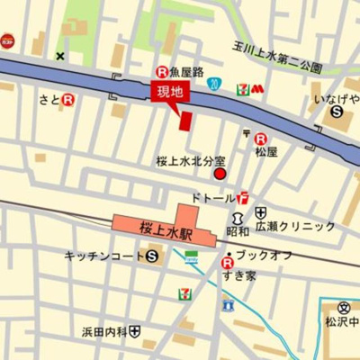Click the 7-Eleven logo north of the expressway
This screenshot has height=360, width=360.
coord(242,87)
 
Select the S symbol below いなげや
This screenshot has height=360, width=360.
coord(336,113)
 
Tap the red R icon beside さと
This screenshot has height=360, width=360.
coord(67,101)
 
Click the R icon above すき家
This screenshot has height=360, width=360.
coord(226,263)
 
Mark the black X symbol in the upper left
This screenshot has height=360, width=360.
coord(60,57)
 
